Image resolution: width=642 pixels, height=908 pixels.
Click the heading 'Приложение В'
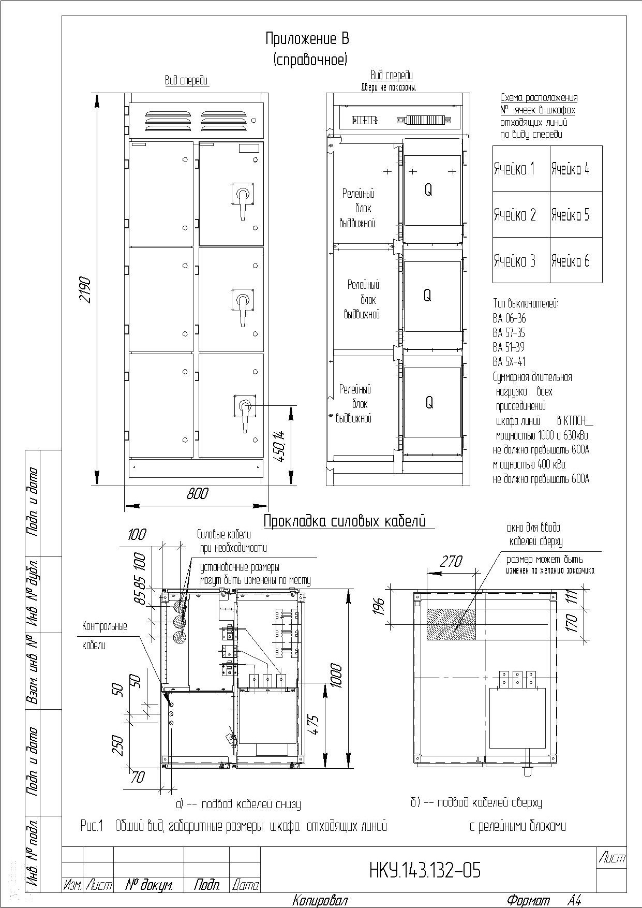pyautogui.click(x=307, y=39)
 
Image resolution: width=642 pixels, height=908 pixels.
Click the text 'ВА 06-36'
pyautogui.click(x=510, y=318)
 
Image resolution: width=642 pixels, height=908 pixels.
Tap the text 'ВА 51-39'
pyautogui.click(x=509, y=347)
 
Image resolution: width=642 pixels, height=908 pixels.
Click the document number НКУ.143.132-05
pyautogui.click(x=425, y=871)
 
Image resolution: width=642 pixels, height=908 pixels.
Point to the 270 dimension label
pyautogui.click(x=451, y=562)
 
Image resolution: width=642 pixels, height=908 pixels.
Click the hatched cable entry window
pyautogui.click(x=451, y=624)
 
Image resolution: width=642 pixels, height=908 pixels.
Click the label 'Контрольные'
pyautogui.click(x=104, y=626)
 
